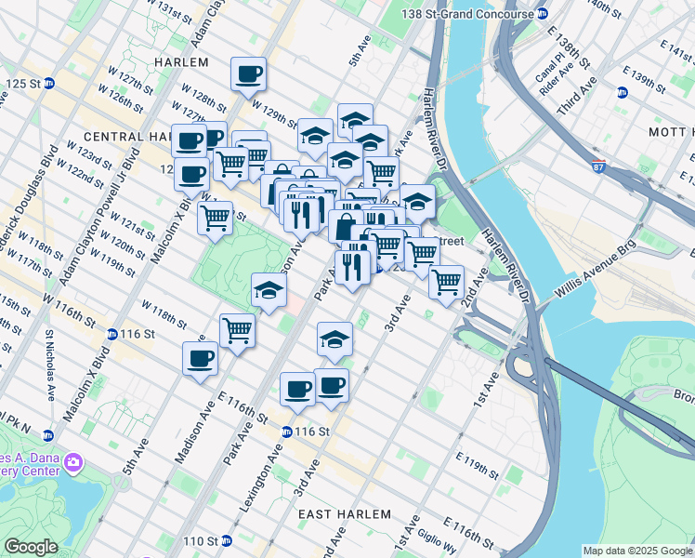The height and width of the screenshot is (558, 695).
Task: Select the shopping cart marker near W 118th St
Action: (x=237, y=329)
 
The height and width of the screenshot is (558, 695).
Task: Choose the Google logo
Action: (x=32, y=547)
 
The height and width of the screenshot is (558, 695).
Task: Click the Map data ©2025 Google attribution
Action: (x=637, y=551)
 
